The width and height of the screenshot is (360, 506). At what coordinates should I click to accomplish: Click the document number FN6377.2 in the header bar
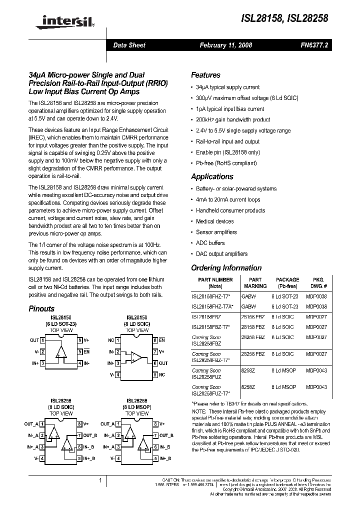click(315, 45)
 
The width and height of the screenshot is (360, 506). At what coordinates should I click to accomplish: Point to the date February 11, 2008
click(226, 45)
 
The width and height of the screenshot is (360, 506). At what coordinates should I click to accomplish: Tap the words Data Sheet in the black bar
click(129, 45)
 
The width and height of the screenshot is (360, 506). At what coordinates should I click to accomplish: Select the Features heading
click(205, 75)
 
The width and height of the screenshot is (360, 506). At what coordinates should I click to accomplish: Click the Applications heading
click(212, 176)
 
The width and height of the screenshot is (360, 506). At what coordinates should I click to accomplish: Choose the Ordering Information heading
click(226, 268)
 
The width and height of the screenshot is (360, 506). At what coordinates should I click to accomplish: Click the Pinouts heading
click(41, 309)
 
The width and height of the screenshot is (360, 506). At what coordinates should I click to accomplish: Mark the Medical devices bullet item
click(214, 221)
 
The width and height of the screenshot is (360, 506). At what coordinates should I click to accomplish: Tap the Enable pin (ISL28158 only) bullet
click(227, 152)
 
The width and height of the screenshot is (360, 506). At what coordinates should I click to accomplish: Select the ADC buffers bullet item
click(210, 243)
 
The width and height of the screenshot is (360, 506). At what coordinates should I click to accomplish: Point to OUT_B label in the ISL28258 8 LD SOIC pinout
click(93, 435)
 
